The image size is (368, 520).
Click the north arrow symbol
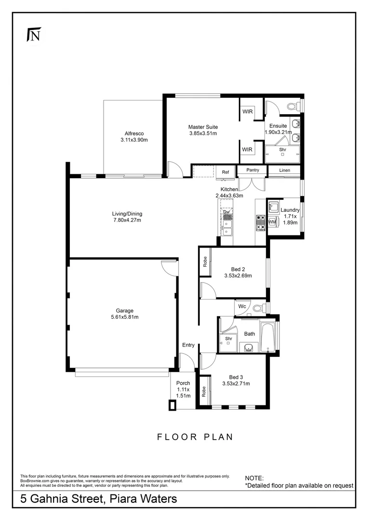(33, 35)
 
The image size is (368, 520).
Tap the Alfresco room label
(134, 133)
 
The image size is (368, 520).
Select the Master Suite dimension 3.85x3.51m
(202, 133)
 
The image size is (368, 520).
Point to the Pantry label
(253, 170)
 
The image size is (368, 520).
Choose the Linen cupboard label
(285, 170)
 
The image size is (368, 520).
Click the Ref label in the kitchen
(225, 172)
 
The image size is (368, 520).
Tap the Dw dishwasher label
(226, 211)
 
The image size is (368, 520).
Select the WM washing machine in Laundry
(272, 222)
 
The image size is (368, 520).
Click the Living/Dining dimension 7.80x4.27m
(127, 221)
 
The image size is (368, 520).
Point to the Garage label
(124, 311)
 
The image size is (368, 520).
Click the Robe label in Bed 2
(205, 262)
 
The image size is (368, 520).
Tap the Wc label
(242, 306)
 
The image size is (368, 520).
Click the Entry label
(188, 345)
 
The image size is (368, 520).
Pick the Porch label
(183, 383)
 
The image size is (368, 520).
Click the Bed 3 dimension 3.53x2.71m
(236, 384)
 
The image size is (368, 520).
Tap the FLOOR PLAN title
(195, 437)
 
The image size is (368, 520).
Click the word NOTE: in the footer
(254, 478)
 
